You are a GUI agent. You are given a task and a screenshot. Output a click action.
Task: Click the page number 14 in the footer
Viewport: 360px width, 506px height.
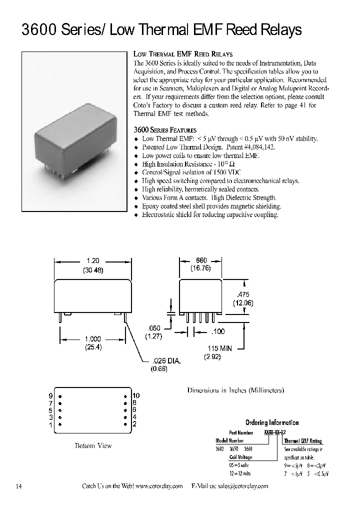(18, 486)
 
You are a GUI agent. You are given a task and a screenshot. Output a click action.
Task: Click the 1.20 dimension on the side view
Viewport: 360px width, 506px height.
(93, 260)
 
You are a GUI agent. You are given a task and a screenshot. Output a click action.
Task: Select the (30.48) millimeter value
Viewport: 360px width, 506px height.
(93, 270)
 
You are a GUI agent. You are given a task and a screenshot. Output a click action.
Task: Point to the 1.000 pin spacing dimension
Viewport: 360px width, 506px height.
(92, 338)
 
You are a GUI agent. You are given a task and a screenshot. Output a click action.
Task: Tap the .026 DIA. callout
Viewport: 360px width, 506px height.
(165, 360)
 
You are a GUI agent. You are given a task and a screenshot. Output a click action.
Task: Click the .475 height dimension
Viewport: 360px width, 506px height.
(243, 294)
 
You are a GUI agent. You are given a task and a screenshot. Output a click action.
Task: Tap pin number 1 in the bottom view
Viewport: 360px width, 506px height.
(50, 424)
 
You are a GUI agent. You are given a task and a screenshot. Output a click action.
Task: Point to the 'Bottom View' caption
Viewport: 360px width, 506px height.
(93, 445)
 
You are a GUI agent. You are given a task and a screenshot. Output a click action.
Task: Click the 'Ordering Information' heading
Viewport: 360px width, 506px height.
(271, 422)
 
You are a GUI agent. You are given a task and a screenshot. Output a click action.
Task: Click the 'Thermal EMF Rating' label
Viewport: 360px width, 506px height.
(303, 441)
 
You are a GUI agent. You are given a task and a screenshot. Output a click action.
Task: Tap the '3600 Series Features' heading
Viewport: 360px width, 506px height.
(161, 129)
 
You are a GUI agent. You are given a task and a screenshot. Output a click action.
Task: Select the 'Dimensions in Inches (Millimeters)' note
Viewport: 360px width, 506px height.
(235, 390)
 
